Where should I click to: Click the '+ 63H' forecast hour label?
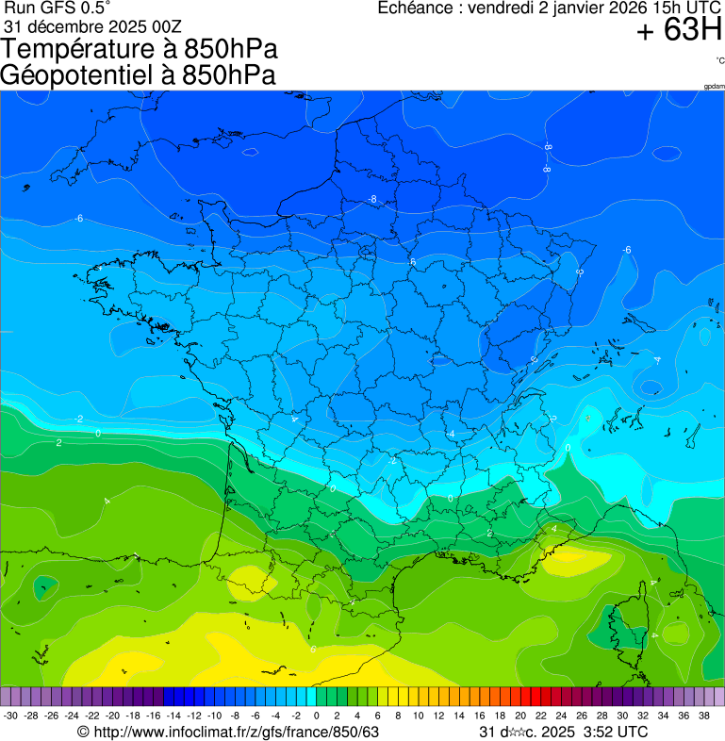point(679,31)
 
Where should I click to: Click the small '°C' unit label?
point(719,60)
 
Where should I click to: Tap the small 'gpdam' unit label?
point(714,86)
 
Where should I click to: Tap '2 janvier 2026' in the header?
point(585,8)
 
